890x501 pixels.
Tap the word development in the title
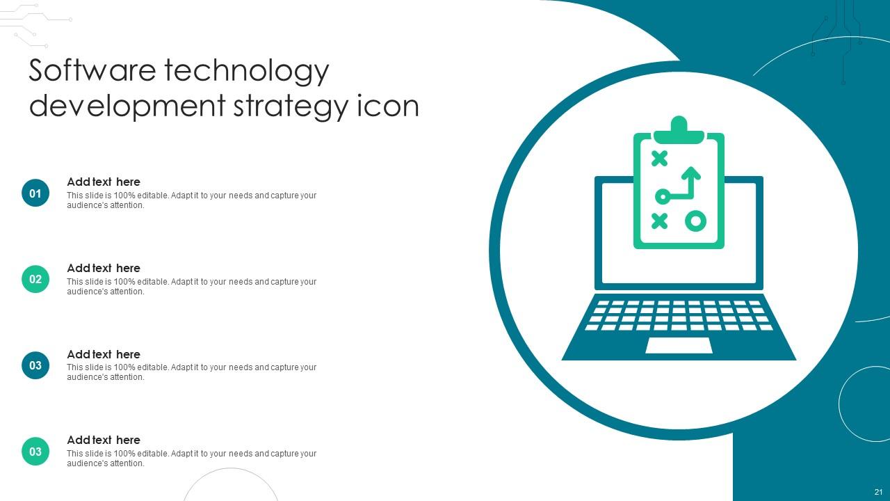click(x=127, y=106)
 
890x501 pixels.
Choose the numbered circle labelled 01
click(x=35, y=193)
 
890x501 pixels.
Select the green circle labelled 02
click(x=35, y=279)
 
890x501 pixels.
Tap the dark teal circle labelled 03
click(x=35, y=365)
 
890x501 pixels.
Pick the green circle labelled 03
click(x=35, y=452)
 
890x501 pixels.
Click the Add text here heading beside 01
click(x=104, y=182)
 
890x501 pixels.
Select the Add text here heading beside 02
click(x=104, y=268)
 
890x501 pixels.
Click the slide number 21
click(x=878, y=492)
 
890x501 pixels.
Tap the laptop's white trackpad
click(x=679, y=345)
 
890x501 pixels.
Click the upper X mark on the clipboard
click(x=659, y=159)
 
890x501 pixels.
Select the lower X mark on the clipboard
click(x=659, y=221)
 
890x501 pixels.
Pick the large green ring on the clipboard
click(x=695, y=221)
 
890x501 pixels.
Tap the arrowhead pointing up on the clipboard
click(x=690, y=172)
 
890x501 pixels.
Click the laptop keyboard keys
click(x=679, y=315)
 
